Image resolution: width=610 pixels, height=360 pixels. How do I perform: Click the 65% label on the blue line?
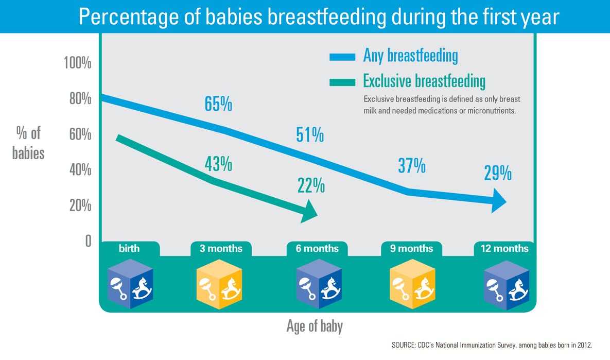pos(218,104)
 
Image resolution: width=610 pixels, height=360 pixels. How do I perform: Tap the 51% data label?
pos(310,135)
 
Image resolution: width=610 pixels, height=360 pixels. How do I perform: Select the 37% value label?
pos(411,166)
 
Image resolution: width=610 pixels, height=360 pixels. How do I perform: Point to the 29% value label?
pos(497,174)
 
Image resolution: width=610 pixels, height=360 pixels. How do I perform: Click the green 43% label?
pos(218,164)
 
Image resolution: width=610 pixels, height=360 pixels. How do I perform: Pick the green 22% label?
pos(311,185)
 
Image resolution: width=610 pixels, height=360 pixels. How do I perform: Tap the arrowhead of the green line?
pos(310,211)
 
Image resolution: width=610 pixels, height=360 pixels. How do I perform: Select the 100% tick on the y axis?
pos(77,64)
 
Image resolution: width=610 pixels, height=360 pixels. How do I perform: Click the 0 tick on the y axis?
pos(88,241)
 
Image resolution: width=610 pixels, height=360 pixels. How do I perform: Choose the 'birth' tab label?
pos(129,248)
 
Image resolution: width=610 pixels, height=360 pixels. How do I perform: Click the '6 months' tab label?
pos(317,248)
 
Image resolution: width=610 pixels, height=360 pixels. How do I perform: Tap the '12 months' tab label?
pos(504,248)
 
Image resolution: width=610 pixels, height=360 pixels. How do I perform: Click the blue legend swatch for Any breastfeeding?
pos(342,57)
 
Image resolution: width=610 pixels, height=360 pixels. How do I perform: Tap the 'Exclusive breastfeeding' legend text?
pos(424,81)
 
